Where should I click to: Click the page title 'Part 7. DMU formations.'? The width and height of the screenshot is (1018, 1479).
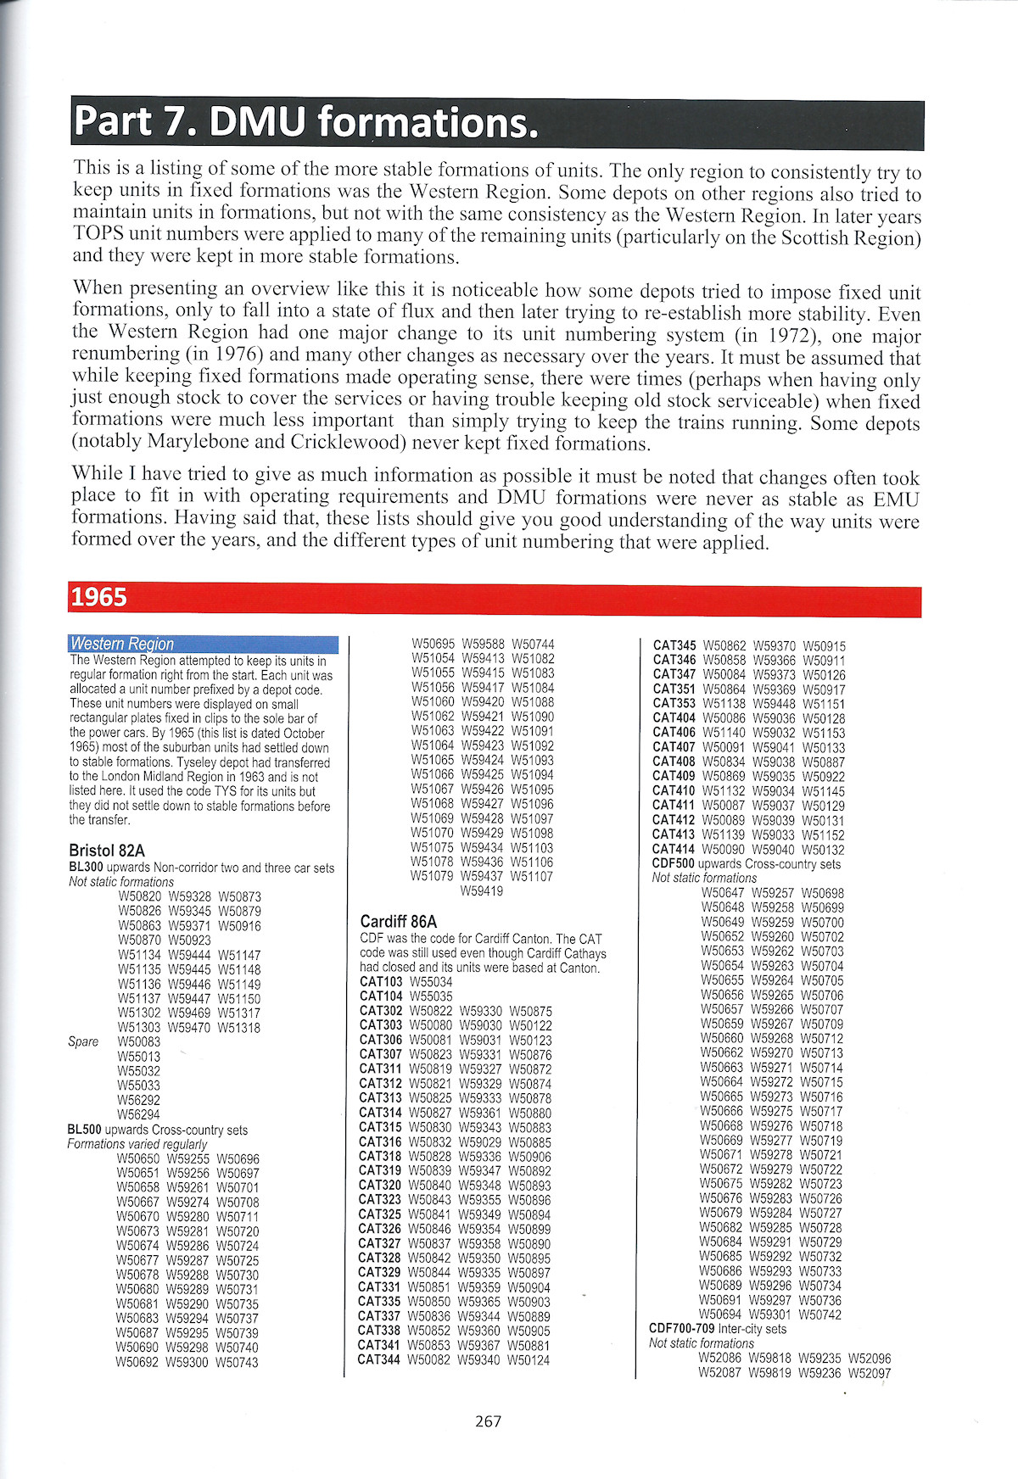305,123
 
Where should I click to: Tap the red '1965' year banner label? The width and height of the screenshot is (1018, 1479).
99,598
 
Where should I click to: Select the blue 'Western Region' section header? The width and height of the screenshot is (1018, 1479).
122,644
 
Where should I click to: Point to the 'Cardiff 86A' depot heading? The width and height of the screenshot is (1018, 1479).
399,921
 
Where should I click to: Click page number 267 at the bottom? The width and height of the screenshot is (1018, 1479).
489,1420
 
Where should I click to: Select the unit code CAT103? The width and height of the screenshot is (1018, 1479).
381,982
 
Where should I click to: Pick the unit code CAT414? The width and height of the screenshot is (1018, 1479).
674,850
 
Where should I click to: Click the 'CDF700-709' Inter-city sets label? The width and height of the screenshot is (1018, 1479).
682,1329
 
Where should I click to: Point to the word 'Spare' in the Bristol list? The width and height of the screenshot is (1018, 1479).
83,1041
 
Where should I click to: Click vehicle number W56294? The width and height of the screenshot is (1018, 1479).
138,1114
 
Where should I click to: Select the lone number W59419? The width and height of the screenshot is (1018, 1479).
482,891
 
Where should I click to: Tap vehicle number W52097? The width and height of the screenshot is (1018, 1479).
870,1373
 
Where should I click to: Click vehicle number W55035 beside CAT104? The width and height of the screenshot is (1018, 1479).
431,996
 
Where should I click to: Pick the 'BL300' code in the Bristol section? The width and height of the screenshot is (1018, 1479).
85,868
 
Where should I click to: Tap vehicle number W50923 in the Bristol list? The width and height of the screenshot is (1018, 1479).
189,940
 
